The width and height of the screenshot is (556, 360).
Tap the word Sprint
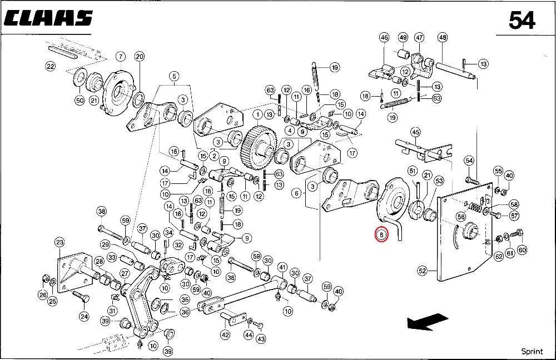pyautogui.click(x=532, y=351)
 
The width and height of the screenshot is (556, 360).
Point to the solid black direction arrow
pyautogui.click(x=427, y=322)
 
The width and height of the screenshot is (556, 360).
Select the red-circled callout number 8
pyautogui.click(x=381, y=235)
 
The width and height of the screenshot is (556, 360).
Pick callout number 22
pyautogui.click(x=50, y=66)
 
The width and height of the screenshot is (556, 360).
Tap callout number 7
pyautogui.click(x=119, y=56)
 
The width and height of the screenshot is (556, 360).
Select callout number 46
pyautogui.click(x=384, y=38)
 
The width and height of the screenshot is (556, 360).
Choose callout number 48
pyautogui.click(x=443, y=38)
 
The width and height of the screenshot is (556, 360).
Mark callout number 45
pyautogui.click(x=415, y=132)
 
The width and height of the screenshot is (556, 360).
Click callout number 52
pyautogui.click(x=423, y=271)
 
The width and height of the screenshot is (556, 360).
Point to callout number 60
pyautogui.click(x=522, y=249)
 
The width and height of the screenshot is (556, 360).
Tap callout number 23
pyautogui.click(x=59, y=242)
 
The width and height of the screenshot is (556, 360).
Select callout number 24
pyautogui.click(x=84, y=317)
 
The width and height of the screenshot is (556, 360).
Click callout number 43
pyautogui.click(x=261, y=339)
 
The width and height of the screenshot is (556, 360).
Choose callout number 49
pyautogui.click(x=403, y=38)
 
